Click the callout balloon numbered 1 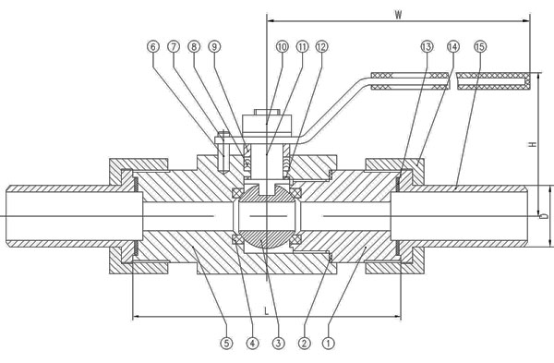coord(329,343)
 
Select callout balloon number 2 coord(304,343)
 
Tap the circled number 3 coord(278,343)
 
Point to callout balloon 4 coord(252,343)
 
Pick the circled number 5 coord(226,343)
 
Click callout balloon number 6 coord(153,47)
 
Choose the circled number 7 coord(174,47)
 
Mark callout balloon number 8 coord(194,47)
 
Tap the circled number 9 coord(214,47)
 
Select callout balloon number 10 coord(282,47)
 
